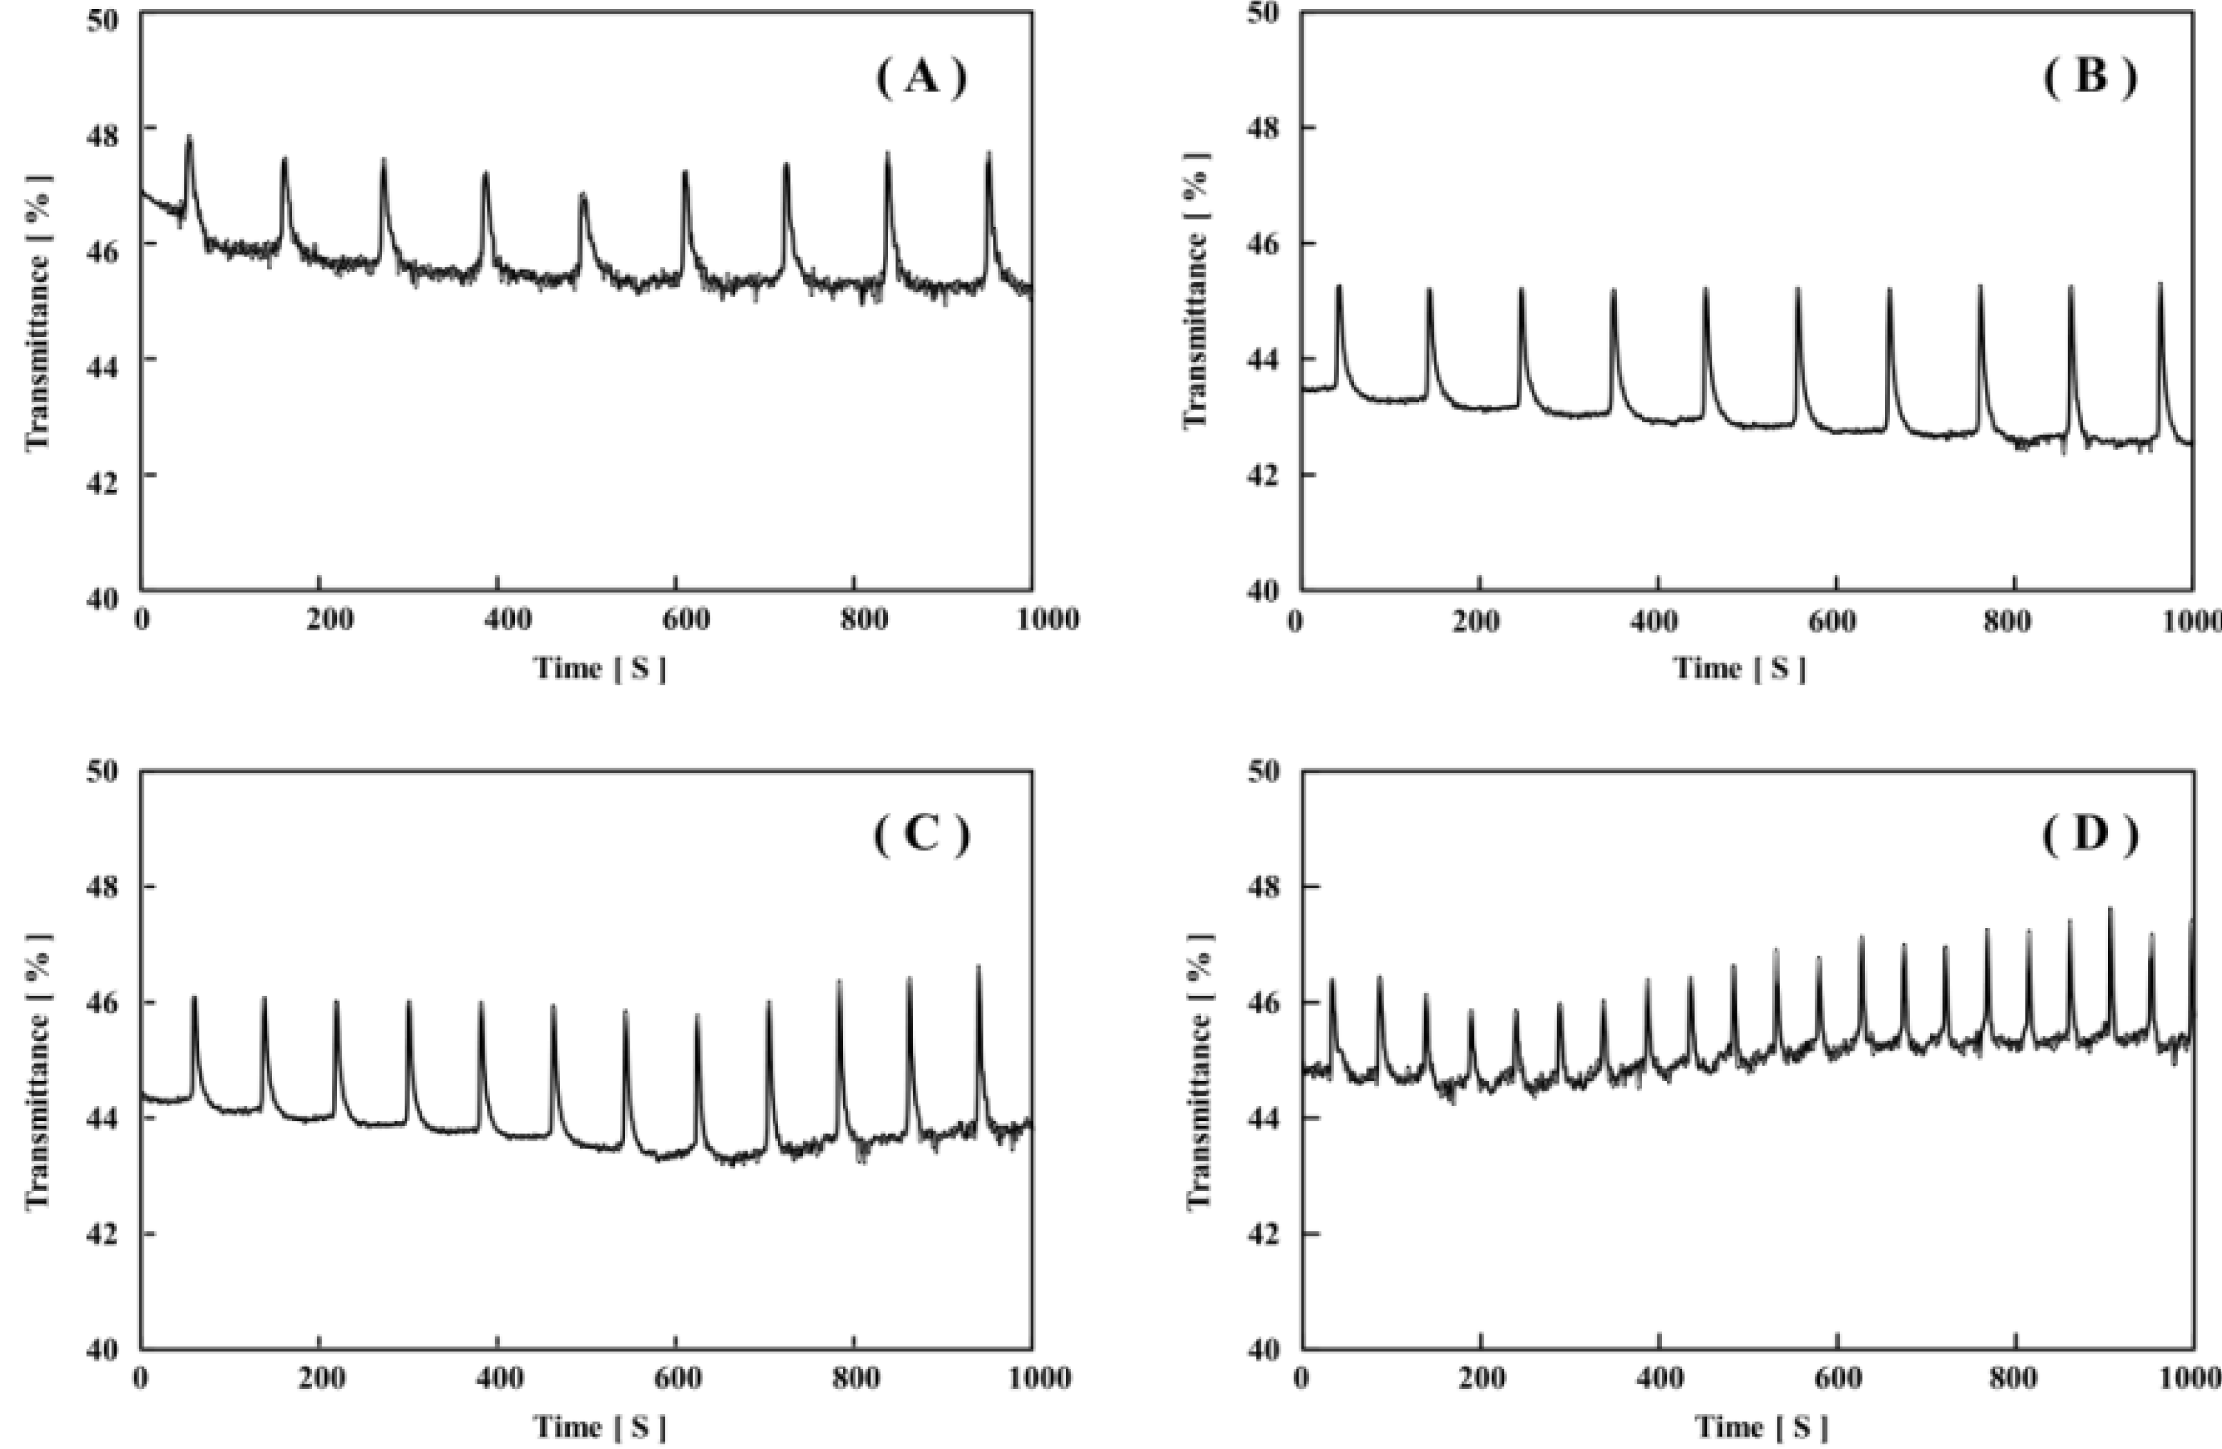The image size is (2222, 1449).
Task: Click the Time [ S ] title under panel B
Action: tap(1739, 668)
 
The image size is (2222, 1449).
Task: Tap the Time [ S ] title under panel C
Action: tap(599, 1426)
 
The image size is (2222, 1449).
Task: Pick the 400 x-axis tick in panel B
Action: tap(1658, 618)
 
